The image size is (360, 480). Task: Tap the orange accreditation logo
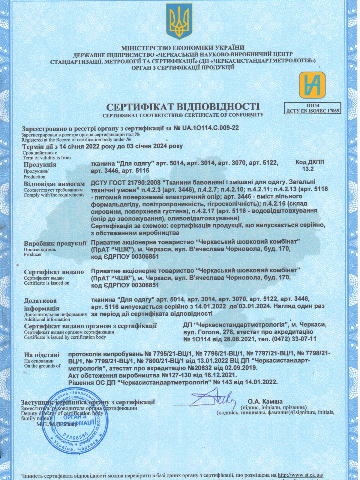[312, 85]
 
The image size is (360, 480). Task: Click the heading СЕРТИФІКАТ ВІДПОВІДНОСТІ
[183, 106]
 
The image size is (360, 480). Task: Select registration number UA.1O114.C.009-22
[210, 128]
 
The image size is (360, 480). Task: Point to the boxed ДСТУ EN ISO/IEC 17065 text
[313, 111]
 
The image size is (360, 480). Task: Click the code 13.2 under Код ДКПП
[308, 169]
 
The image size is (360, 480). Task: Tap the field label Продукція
[40, 164]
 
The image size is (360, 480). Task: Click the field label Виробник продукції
[55, 243]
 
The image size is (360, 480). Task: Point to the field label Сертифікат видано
[54, 272]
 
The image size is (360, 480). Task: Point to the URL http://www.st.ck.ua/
[300, 475]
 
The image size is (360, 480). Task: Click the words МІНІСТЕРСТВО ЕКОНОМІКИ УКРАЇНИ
[183, 48]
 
